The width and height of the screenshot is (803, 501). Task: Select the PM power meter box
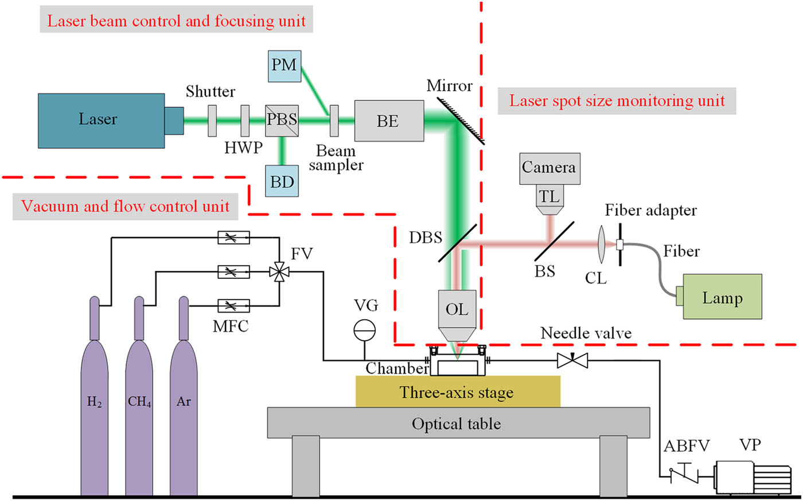coord(284,65)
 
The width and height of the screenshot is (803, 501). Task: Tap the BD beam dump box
coord(282,181)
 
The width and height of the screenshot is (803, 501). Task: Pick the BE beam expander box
coord(389,121)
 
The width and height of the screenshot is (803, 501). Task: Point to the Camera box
coord(549,168)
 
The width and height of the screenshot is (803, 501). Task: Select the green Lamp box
coord(722,297)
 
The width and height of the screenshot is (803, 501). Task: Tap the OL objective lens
coord(457,313)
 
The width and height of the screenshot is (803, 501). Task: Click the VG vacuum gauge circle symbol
coord(364,329)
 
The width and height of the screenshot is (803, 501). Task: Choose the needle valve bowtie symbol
coord(572,361)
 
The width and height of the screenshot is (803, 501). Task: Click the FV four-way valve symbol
coord(279,271)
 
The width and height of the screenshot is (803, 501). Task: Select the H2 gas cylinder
coord(95,402)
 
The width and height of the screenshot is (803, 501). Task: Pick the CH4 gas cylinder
coord(139,402)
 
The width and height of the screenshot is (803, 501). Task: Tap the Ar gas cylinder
coord(184,402)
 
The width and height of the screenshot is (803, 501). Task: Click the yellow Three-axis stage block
coord(457,392)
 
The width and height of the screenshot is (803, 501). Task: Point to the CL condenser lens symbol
coord(601,244)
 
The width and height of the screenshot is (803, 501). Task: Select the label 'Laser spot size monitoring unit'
coord(617,101)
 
